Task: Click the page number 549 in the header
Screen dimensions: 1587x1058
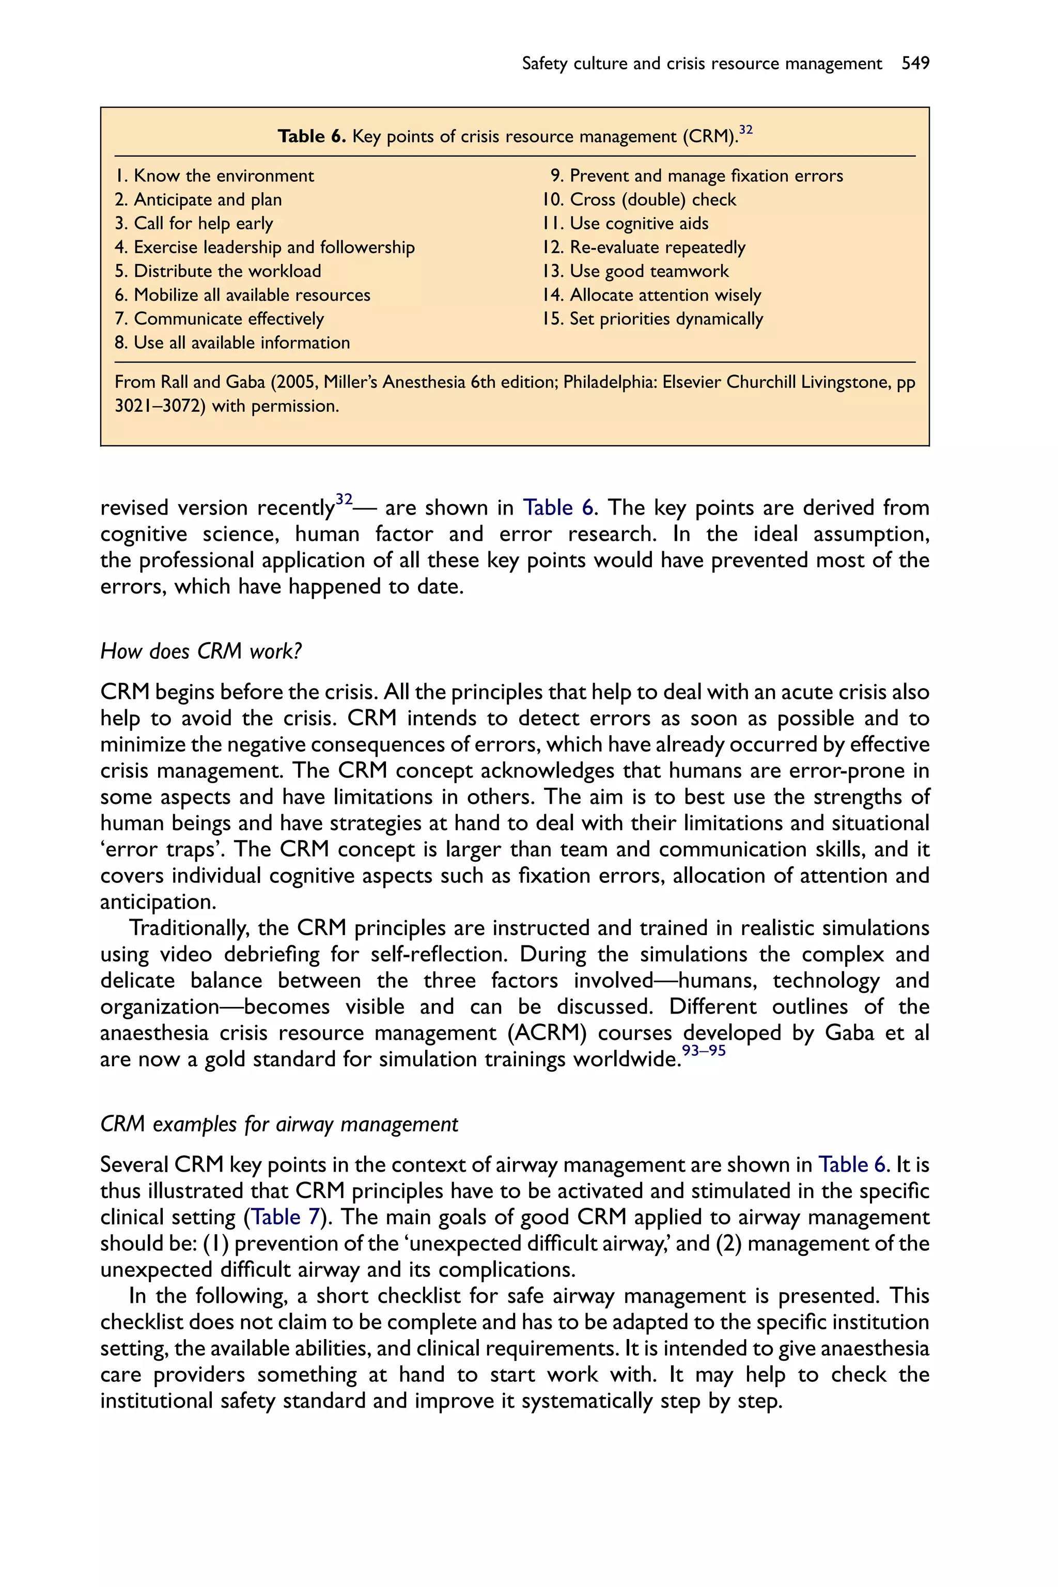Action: click(x=915, y=64)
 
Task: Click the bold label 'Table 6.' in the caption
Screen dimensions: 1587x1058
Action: click(x=312, y=137)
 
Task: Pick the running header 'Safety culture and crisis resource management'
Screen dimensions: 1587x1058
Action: click(x=702, y=64)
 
